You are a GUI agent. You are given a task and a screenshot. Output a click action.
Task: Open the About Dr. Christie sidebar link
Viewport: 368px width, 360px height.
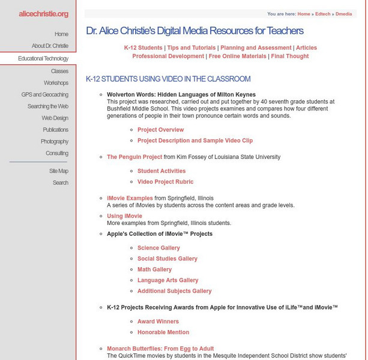pyautogui.click(x=50, y=46)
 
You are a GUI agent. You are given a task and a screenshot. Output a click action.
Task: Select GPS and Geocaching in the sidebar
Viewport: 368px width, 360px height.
pyautogui.click(x=44, y=95)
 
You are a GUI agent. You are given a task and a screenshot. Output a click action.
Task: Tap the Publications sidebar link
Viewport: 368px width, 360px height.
pyautogui.click(x=55, y=130)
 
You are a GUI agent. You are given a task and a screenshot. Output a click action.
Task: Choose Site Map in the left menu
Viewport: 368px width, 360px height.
pyautogui.click(x=59, y=171)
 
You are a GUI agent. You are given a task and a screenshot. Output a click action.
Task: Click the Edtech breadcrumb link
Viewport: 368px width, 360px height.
pyautogui.click(x=323, y=13)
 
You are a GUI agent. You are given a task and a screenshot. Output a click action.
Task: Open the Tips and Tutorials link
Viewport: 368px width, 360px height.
pyautogui.click(x=192, y=48)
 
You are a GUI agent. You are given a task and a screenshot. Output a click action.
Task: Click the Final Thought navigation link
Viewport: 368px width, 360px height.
pyautogui.click(x=289, y=56)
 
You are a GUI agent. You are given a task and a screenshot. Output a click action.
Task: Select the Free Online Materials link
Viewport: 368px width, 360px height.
pyautogui.click(x=237, y=56)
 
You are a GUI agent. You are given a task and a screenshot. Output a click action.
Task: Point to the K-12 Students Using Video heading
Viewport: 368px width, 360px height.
pyautogui.click(x=168, y=79)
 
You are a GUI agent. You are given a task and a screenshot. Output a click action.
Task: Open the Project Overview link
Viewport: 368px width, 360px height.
pyautogui.click(x=160, y=130)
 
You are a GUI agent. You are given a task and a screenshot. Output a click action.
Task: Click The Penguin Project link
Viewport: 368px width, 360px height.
pyautogui.click(x=134, y=157)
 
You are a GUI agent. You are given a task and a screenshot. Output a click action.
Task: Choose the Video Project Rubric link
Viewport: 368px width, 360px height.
pyautogui.click(x=165, y=182)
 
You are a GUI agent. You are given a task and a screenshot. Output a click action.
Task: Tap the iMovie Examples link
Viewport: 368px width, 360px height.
pyautogui.click(x=130, y=198)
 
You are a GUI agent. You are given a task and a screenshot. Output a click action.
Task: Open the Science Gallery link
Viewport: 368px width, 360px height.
pyautogui.click(x=158, y=248)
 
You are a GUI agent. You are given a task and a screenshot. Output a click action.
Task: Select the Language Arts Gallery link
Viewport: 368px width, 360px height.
pyautogui.click(x=167, y=280)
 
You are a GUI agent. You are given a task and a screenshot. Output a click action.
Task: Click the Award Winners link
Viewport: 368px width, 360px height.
pyautogui.click(x=158, y=322)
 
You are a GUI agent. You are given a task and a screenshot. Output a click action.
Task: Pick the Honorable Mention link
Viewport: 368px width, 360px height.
pyautogui.click(x=163, y=332)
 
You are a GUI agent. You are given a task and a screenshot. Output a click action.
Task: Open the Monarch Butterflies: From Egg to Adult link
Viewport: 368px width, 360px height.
pyautogui.click(x=160, y=349)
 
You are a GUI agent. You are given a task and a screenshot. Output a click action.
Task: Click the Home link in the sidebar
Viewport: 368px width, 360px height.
pyautogui.click(x=61, y=34)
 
